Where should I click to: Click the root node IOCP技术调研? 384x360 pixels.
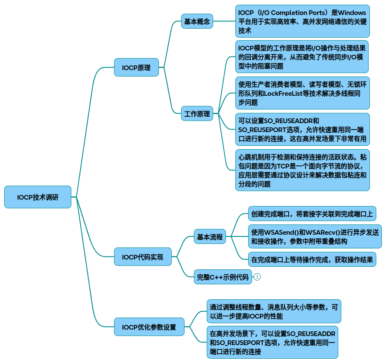tap(38, 197)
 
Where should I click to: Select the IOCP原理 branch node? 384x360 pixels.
tap(136, 68)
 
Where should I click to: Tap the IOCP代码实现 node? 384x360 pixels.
tap(143, 257)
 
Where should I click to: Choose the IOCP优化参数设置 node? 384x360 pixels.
tap(149, 327)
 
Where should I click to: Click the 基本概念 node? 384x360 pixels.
tap(197, 21)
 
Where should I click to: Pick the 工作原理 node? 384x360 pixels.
tap(197, 114)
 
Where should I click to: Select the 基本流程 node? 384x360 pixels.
tap(210, 236)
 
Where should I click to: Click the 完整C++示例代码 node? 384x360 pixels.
tap(223, 277)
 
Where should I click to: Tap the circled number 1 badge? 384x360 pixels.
tap(257, 277)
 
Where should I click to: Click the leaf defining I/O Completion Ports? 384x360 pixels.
tap(302, 21)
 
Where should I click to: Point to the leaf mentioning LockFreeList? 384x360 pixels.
tap(302, 93)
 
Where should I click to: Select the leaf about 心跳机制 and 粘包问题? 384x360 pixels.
tap(302, 170)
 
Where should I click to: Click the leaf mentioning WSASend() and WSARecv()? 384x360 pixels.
tap(315, 236)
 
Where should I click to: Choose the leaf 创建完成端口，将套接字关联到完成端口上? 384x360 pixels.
tap(312, 213)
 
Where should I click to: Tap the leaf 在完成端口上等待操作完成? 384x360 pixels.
tap(312, 259)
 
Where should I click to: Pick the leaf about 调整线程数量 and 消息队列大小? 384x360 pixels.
tap(274, 311)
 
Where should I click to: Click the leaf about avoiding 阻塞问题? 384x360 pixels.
tap(302, 57)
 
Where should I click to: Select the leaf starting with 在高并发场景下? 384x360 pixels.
tap(272, 342)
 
